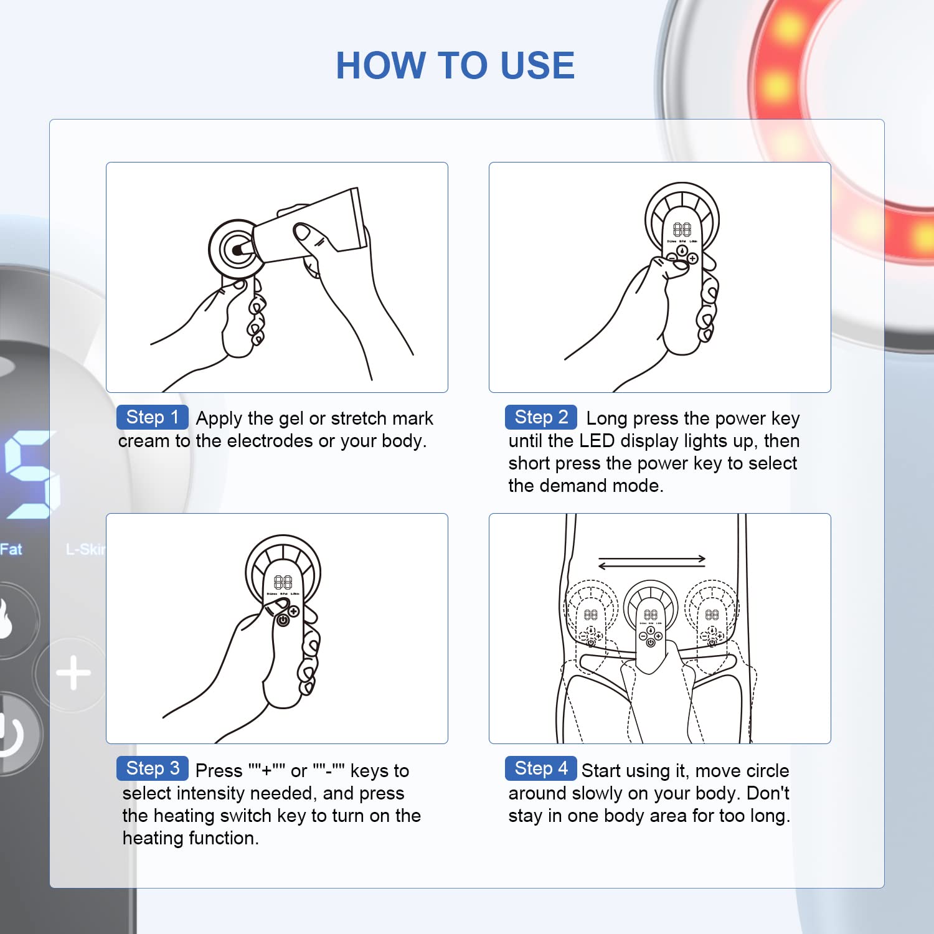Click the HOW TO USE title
455,65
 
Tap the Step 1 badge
152,417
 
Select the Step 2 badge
540,417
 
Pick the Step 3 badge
152,768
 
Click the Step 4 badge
540,768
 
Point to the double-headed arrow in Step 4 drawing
651,562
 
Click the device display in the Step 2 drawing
682,230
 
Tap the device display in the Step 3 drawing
283,582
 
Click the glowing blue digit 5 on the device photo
31,474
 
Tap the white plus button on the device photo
73,673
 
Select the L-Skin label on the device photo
86,549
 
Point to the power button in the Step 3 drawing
283,620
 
